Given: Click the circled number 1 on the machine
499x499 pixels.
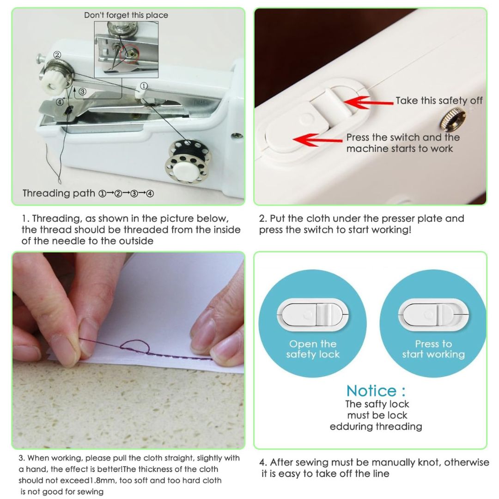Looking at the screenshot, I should (x=144, y=86).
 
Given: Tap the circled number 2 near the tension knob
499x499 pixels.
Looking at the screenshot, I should (x=57, y=55).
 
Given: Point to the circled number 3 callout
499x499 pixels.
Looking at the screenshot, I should (x=82, y=91).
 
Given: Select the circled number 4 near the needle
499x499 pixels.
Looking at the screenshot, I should (x=60, y=102).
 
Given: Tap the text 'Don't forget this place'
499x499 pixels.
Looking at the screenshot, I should (x=126, y=15).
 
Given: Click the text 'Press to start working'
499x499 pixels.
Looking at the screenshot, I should (x=433, y=349).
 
